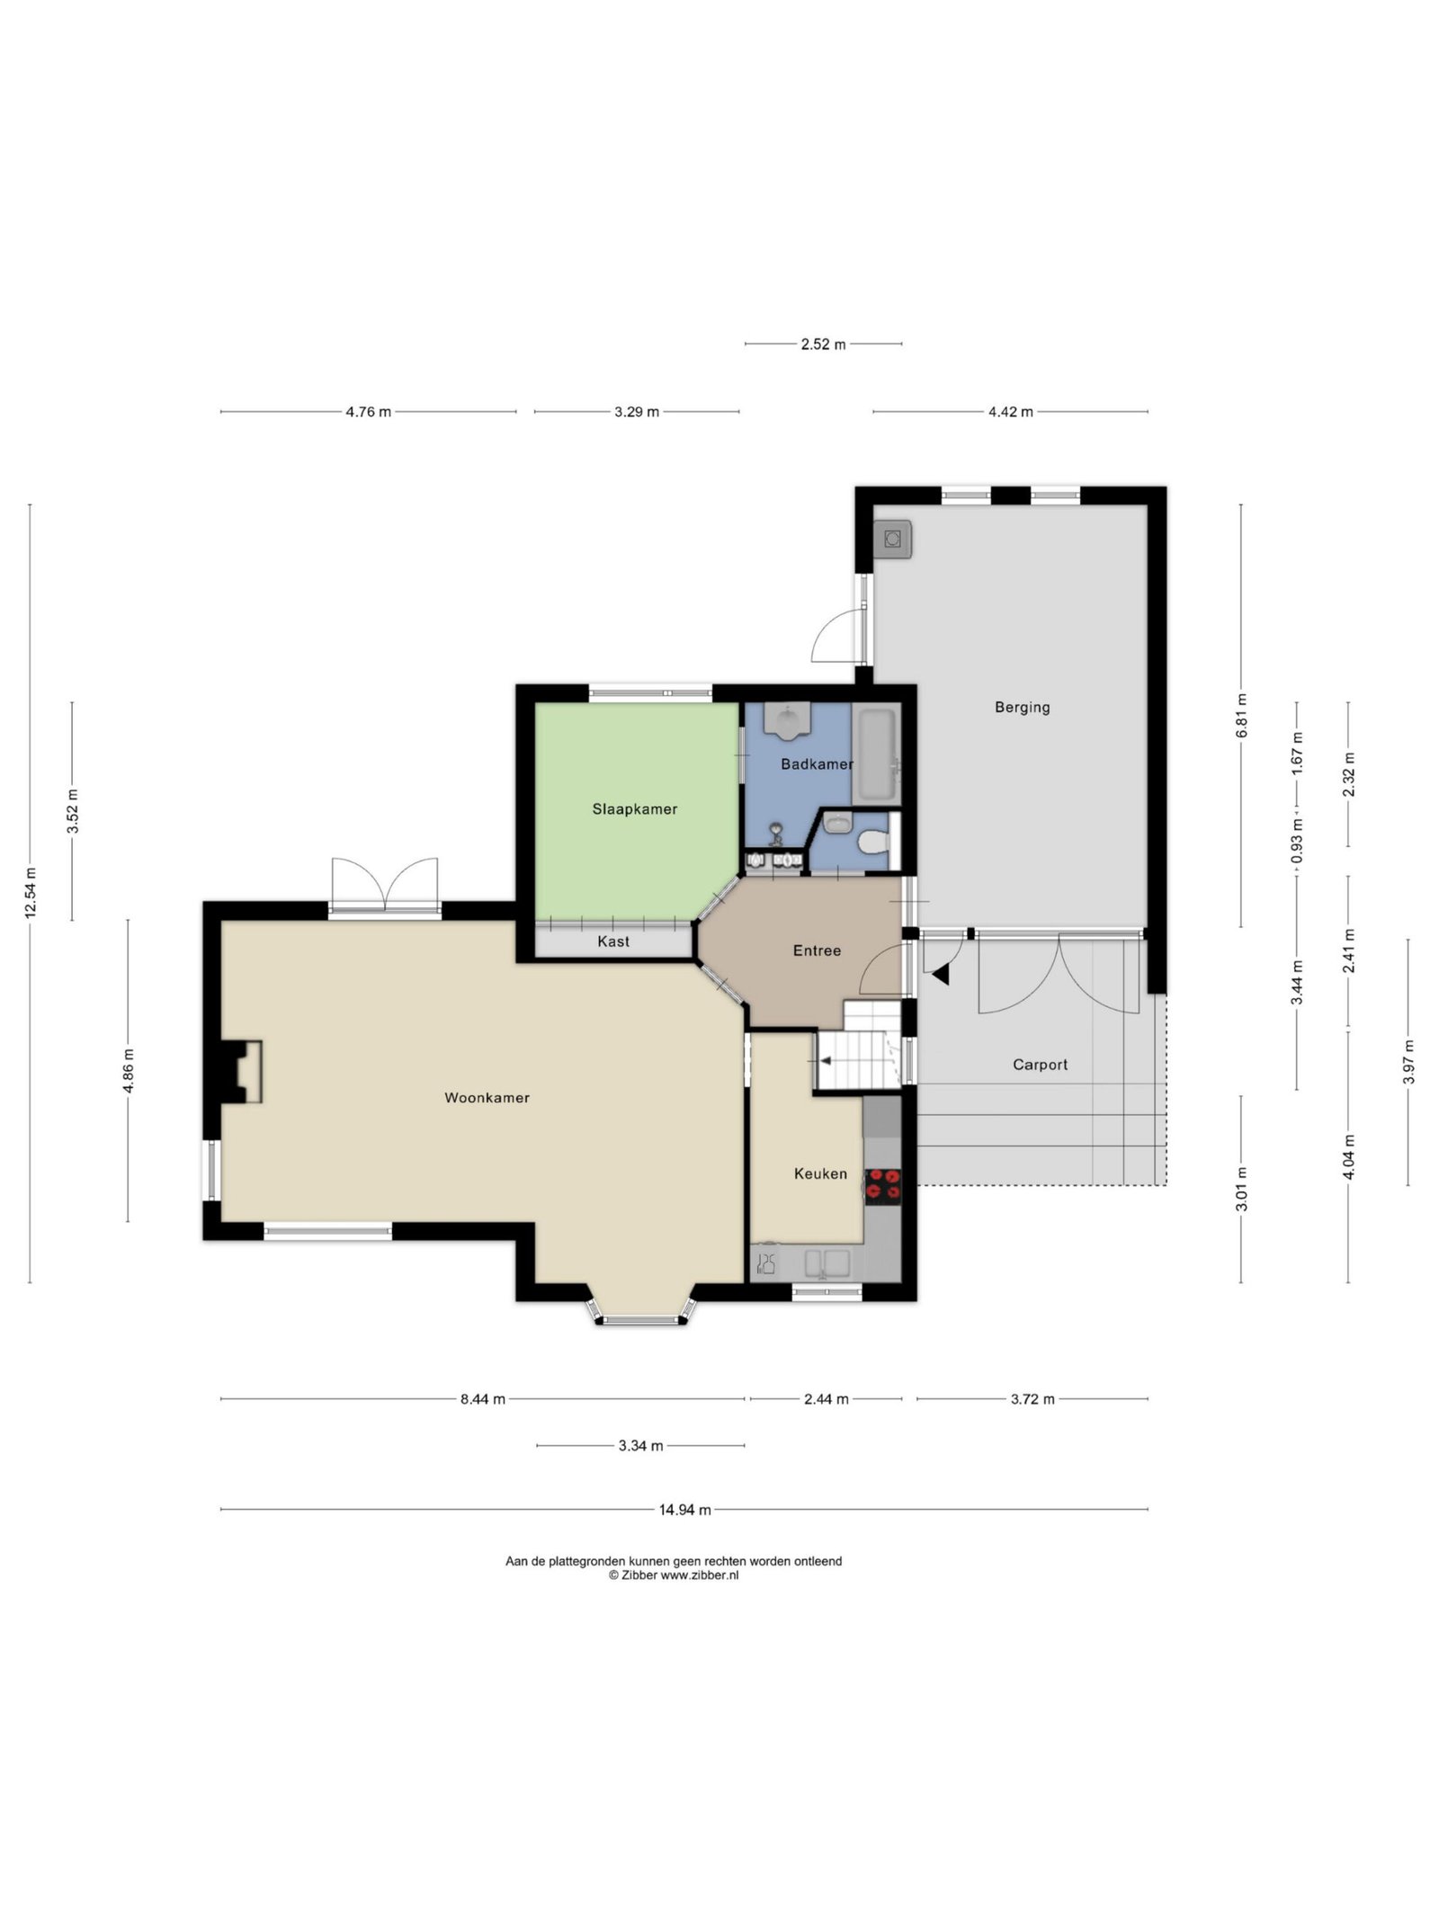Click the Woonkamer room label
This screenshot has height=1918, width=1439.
pos(487,1098)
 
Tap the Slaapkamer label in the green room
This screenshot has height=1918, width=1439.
pos(634,809)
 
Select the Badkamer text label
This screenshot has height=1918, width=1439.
pos(817,764)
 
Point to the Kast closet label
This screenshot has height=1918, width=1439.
pos(613,941)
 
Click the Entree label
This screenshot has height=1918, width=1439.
pos(817,950)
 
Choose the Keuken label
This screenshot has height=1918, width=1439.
pos(820,1173)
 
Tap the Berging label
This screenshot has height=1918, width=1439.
pos(1022,708)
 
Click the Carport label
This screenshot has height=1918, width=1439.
pos(1040,1065)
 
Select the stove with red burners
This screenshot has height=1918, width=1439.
pos(881,1185)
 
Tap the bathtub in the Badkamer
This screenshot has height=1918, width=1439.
pos(875,755)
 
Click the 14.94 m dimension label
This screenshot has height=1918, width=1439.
pos(684,1510)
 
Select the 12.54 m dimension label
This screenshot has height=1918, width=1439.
pos(30,893)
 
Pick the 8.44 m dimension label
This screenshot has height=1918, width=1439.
pos(483,1399)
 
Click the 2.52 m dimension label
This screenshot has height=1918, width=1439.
pos(823,344)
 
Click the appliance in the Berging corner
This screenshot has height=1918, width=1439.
pos(892,540)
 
